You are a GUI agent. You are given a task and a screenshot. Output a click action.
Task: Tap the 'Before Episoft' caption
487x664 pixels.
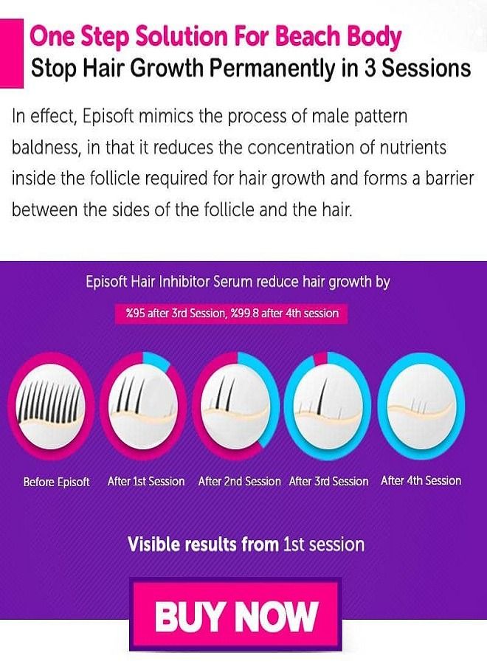[57, 482]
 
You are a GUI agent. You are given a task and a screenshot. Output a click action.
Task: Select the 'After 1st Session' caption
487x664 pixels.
[146, 481]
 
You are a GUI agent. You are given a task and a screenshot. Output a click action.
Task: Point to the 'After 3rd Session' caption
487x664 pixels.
[329, 481]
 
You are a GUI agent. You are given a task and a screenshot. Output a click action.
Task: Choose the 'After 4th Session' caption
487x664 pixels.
[421, 480]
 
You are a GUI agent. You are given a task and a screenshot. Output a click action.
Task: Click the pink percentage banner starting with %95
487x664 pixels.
[232, 314]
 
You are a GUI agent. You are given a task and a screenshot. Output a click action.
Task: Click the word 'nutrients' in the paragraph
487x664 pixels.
[412, 148]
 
